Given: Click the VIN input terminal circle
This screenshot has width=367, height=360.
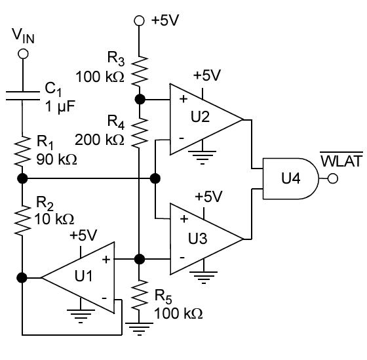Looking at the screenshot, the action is [x=23, y=54].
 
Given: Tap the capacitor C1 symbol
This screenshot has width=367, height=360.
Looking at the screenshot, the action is [x=23, y=96].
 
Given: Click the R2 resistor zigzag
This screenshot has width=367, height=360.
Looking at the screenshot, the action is [x=22, y=220].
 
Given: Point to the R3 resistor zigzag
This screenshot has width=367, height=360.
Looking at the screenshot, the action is [x=140, y=70].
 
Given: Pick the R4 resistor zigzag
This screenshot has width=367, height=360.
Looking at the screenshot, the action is [x=140, y=132].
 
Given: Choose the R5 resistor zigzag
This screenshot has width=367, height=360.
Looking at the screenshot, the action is [x=140, y=294].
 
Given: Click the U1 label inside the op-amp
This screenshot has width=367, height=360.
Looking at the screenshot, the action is [x=84, y=275].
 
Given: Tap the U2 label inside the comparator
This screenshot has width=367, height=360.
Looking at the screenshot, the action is [x=200, y=117].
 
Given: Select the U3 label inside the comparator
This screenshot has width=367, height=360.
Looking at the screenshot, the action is [x=198, y=239].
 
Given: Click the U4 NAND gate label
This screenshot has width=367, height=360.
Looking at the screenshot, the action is [x=291, y=178].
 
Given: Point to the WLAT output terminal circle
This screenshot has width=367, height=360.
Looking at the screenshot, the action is [x=333, y=179].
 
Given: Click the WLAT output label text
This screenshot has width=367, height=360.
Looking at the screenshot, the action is [x=341, y=161].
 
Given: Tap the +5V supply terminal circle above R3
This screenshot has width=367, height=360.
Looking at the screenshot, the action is [x=139, y=21].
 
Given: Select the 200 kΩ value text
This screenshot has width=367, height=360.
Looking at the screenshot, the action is [x=99, y=140].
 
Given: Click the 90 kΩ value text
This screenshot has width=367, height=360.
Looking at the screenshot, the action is [x=56, y=159].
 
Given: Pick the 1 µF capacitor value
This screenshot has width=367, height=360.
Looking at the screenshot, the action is [x=60, y=107].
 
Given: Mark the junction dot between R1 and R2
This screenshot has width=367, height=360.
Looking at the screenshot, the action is [x=22, y=178].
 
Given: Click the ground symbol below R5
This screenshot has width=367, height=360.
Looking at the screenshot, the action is [x=139, y=329].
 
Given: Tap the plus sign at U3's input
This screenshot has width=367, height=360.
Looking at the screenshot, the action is [x=184, y=219].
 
